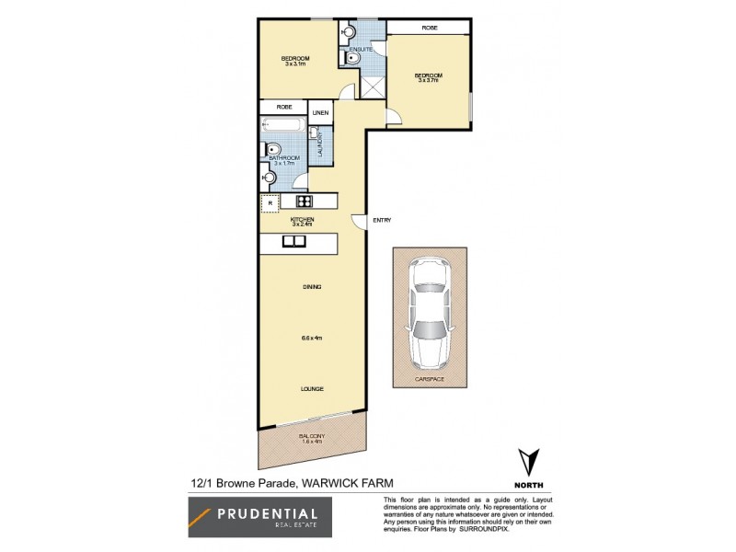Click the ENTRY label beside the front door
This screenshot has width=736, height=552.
tap(382, 220)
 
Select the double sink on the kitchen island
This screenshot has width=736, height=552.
tap(294, 242)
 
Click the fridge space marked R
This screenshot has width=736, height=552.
tap(270, 204)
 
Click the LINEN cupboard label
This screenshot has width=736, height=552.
tap(320, 113)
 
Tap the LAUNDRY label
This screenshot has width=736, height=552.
tap(319, 145)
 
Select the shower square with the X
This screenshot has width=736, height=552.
tap(374, 88)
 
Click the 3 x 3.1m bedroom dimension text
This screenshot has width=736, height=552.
tap(294, 62)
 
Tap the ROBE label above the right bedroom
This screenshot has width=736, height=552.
tap(430, 29)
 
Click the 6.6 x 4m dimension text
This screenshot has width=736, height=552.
tap(312, 339)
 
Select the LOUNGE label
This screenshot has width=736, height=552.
tap(312, 389)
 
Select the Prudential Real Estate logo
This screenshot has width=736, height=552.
tap(261, 518)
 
